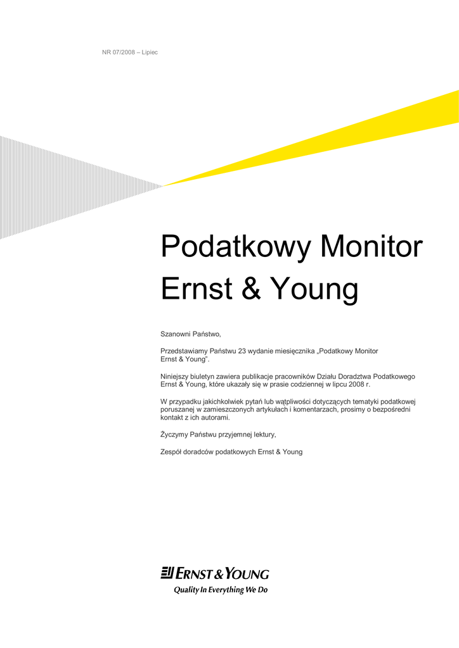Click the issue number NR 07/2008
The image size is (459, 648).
[x=119, y=53]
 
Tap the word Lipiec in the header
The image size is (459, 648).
[x=150, y=53]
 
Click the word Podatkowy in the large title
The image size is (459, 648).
[x=235, y=247]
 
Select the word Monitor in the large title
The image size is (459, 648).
[x=372, y=246]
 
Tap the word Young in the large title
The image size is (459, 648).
[x=314, y=290]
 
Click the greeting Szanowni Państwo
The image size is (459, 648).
[x=191, y=334]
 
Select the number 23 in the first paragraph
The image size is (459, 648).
[x=242, y=351]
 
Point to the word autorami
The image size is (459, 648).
[x=215, y=418]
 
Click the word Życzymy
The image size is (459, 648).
[x=174, y=435]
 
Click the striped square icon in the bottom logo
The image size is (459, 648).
[x=167, y=573]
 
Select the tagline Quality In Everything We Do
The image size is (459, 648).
[x=221, y=590]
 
